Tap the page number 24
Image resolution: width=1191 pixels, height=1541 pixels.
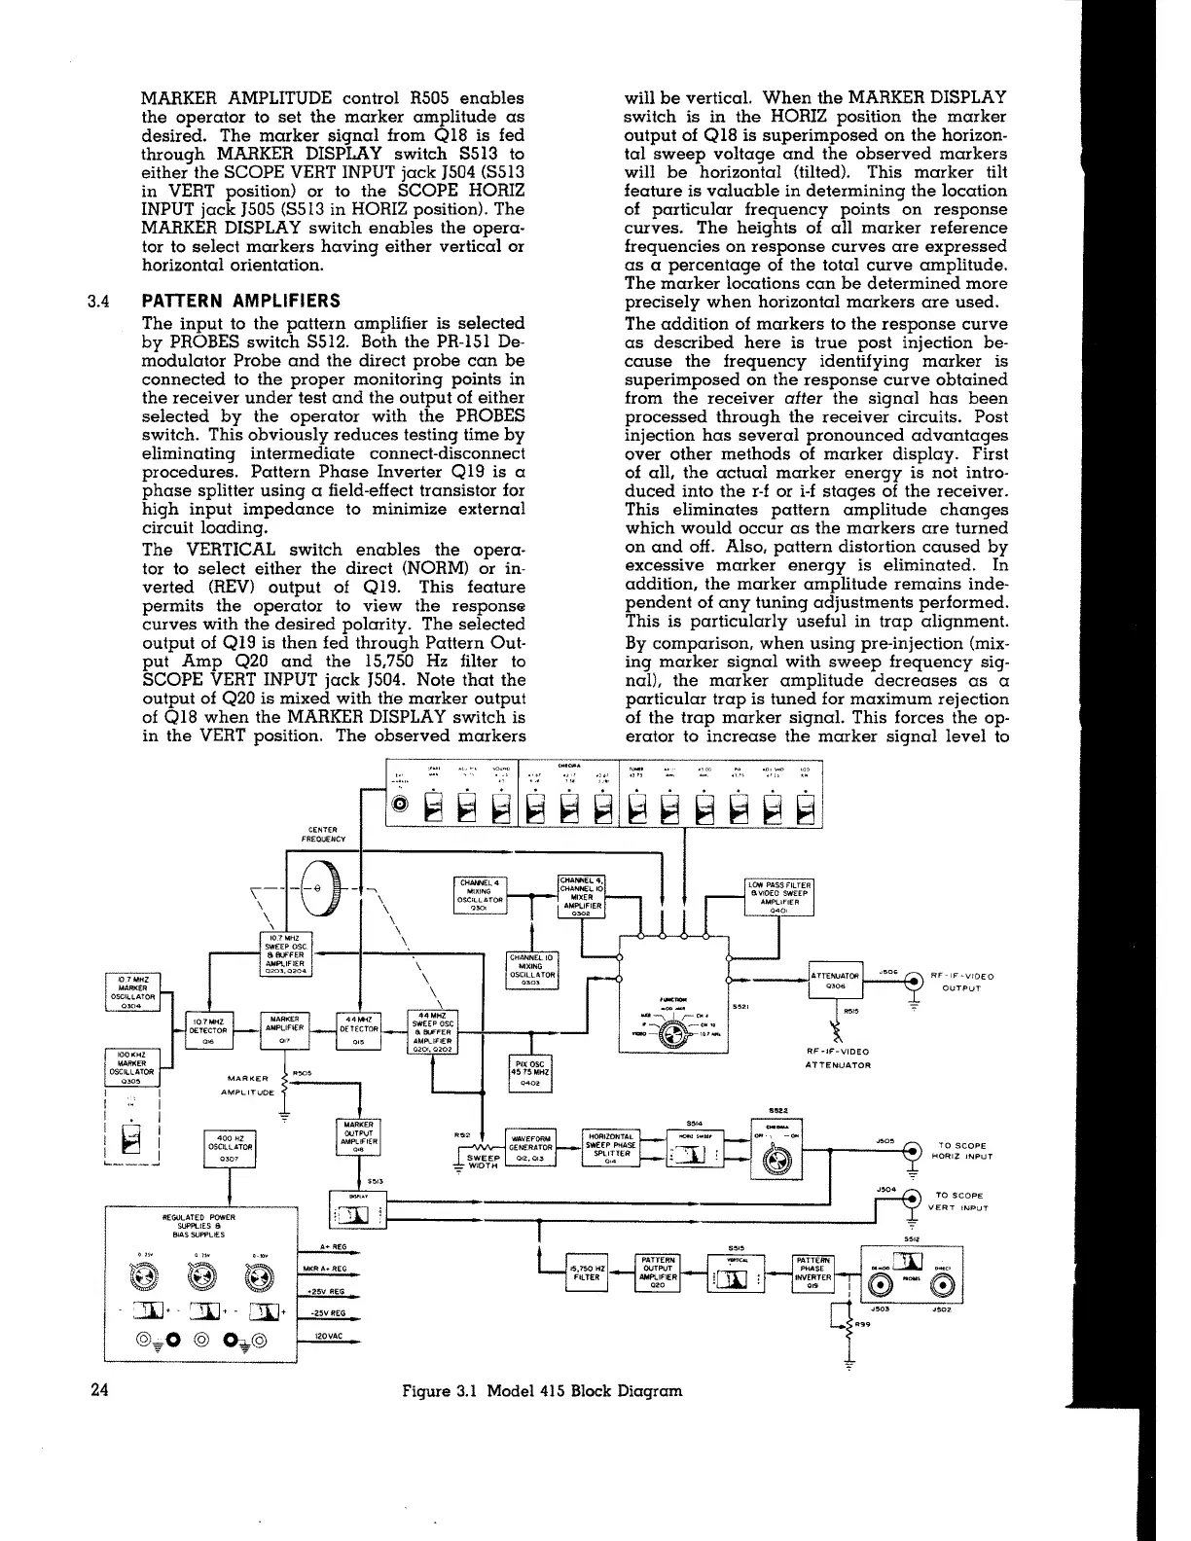(98, 1389)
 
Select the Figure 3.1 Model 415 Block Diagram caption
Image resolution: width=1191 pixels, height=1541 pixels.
(542, 1390)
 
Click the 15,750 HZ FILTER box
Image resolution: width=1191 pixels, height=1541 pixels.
(587, 1272)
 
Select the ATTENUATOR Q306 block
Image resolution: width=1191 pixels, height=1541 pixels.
(836, 980)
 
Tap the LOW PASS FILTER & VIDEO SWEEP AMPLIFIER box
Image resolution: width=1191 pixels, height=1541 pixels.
(779, 896)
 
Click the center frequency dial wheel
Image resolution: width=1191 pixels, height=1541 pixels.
(325, 890)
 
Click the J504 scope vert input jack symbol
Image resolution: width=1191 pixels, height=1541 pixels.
(912, 1199)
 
